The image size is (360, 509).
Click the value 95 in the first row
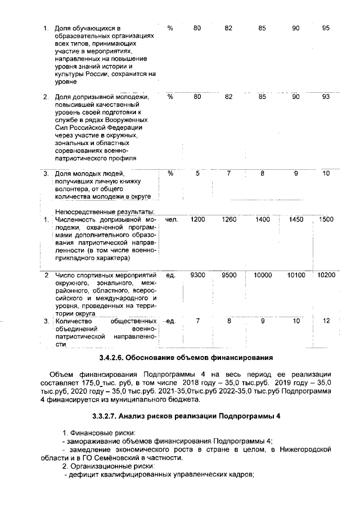point(326,28)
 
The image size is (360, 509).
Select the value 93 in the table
point(326,97)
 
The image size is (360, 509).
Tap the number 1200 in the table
point(197,219)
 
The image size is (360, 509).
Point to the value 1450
point(296,219)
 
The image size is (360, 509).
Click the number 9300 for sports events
point(197,275)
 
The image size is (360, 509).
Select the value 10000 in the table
point(262,275)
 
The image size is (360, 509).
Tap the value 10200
point(326,275)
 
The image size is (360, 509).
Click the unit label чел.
point(172,219)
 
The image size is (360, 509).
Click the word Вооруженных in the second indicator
point(127,120)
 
